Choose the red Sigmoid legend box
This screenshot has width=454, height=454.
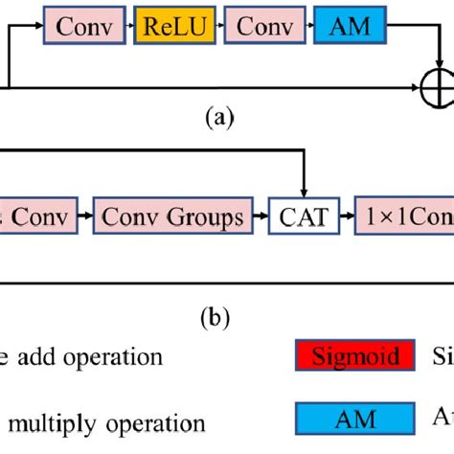pos(355,356)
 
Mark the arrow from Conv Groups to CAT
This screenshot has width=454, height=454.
pos(259,218)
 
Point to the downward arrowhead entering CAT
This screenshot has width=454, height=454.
pos(303,193)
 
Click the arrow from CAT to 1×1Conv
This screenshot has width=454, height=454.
pos(343,218)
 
